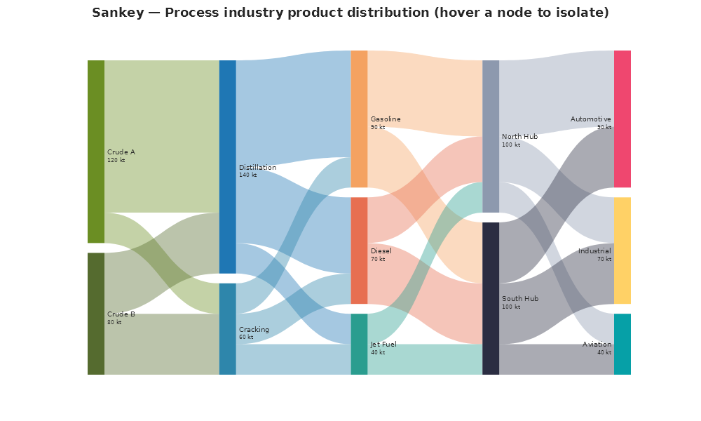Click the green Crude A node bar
(96, 152)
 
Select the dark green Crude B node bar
(96, 314)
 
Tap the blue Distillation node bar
(228, 167)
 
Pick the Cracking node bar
(228, 329)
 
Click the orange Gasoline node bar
(359, 119)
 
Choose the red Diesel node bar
(359, 250)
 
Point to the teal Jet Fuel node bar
(359, 344)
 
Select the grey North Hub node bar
(491, 136)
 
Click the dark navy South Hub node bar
(491, 298)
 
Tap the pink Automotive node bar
(622, 119)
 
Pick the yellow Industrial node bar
(622, 250)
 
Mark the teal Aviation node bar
(622, 344)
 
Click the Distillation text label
(257, 168)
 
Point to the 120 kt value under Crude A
(116, 160)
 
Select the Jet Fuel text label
(383, 345)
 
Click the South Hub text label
(520, 299)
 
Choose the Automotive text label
(591, 119)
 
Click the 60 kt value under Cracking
(246, 338)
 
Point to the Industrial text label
(594, 251)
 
